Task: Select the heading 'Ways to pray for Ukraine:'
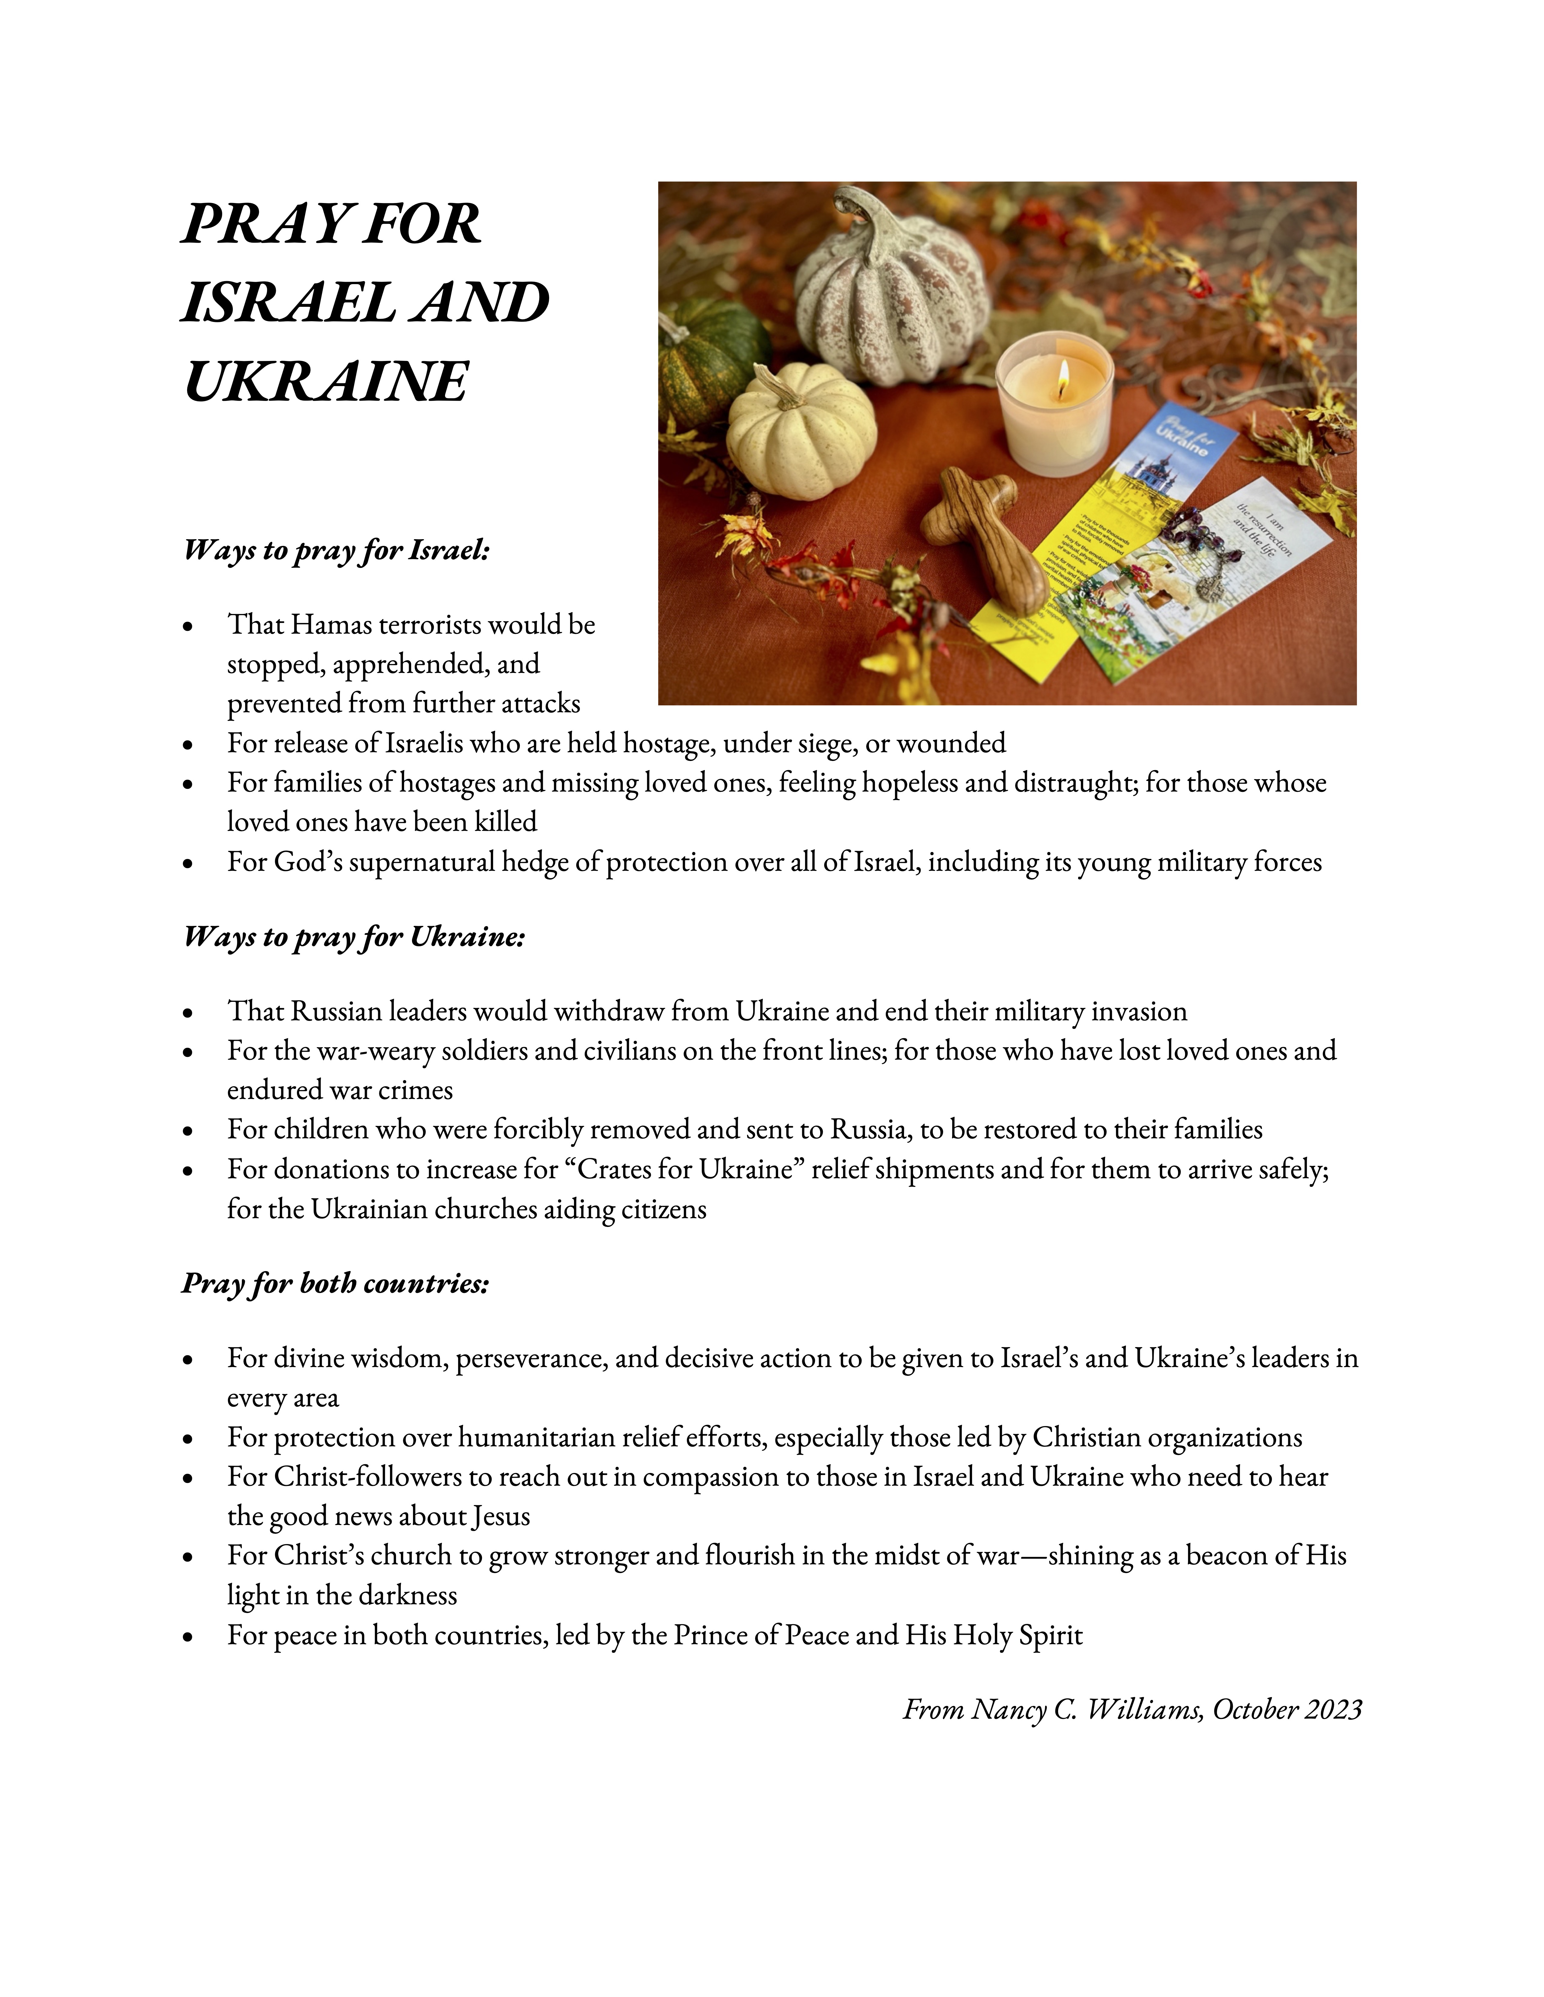354,937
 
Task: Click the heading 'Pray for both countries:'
336,1284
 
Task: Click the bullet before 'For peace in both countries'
188,1636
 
